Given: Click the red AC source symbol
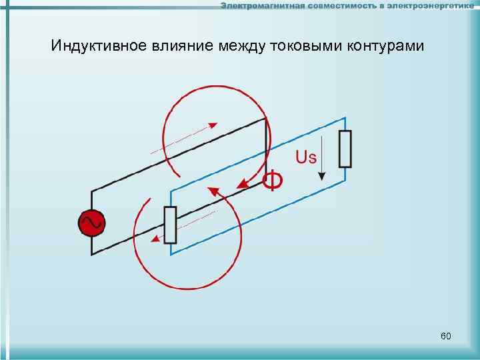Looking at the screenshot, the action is [92, 223].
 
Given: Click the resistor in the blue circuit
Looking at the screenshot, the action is [345, 149].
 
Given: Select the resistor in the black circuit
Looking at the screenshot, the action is [170, 225].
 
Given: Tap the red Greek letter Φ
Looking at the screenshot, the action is [271, 180].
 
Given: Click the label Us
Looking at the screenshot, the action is [306, 157].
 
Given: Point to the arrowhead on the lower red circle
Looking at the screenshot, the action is [213, 192].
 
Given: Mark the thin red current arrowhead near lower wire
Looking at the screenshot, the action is [155, 239].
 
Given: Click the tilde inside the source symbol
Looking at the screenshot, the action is [92, 223].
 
